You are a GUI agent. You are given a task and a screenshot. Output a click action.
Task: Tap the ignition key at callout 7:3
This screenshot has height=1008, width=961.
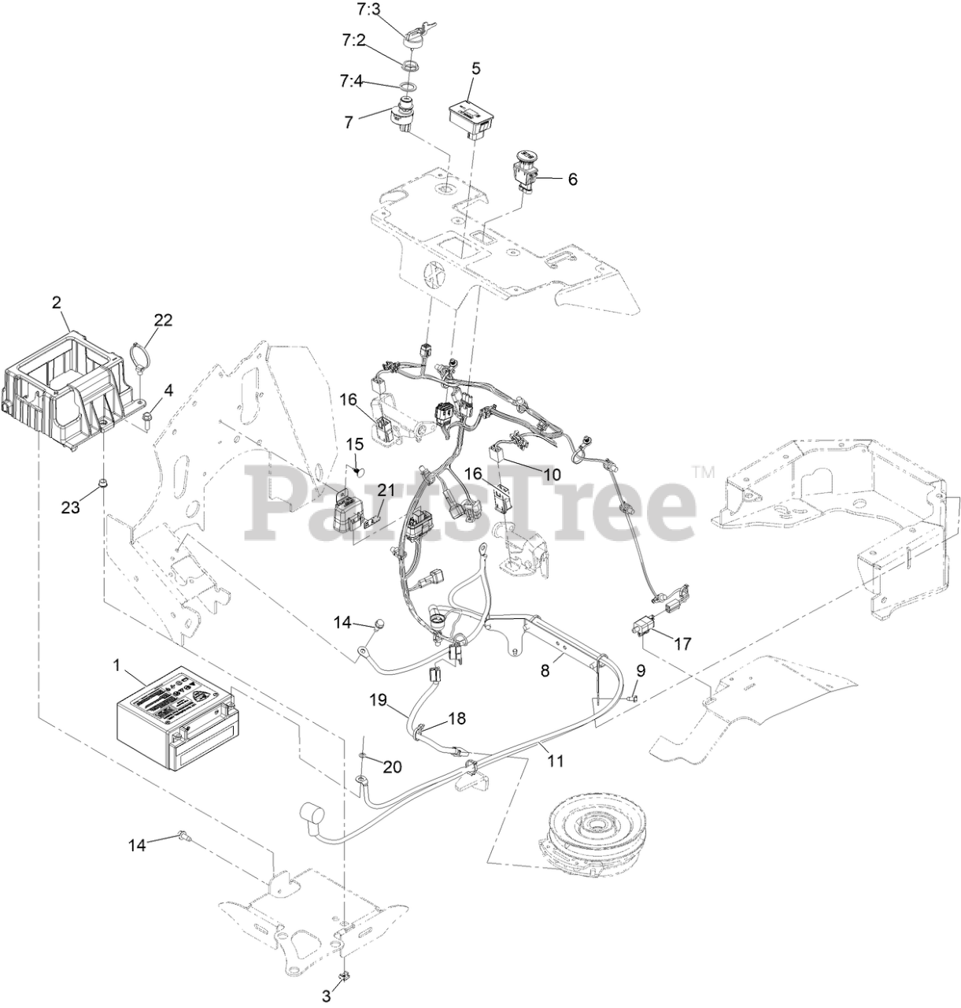pyautogui.click(x=414, y=35)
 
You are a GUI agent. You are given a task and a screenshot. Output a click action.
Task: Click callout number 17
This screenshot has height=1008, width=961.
pyautogui.click(x=682, y=643)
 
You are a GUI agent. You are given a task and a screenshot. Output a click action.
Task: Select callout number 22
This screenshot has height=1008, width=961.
pyautogui.click(x=163, y=320)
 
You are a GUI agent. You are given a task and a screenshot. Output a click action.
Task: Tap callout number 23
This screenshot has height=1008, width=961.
pyautogui.click(x=71, y=508)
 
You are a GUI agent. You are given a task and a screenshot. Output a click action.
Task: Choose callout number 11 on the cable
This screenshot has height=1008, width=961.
pyautogui.click(x=556, y=762)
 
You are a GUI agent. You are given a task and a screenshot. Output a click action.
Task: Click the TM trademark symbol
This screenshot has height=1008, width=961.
pyautogui.click(x=702, y=472)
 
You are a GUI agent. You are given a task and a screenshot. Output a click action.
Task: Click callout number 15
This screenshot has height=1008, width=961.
pyautogui.click(x=354, y=444)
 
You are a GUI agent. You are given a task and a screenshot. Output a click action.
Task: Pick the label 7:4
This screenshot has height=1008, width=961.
pyautogui.click(x=351, y=80)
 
